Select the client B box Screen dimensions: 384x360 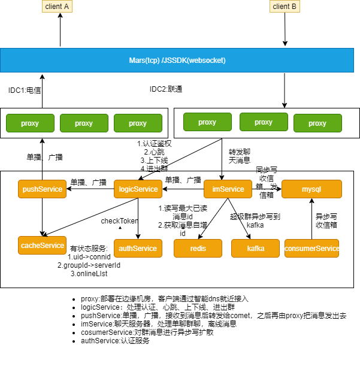click(285, 7)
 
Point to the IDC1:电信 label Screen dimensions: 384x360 click(25, 89)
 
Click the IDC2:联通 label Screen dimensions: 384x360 click(166, 89)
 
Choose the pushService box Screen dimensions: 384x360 click(42, 189)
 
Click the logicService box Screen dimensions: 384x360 click(138, 189)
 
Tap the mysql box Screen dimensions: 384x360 click(311, 189)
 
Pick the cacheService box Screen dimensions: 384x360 click(42, 246)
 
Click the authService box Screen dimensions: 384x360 click(138, 248)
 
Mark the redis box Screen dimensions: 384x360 click(198, 248)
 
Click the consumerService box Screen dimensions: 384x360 click(311, 248)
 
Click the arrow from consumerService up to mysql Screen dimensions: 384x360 click(311, 219)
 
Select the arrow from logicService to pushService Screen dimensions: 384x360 click(90, 189)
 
